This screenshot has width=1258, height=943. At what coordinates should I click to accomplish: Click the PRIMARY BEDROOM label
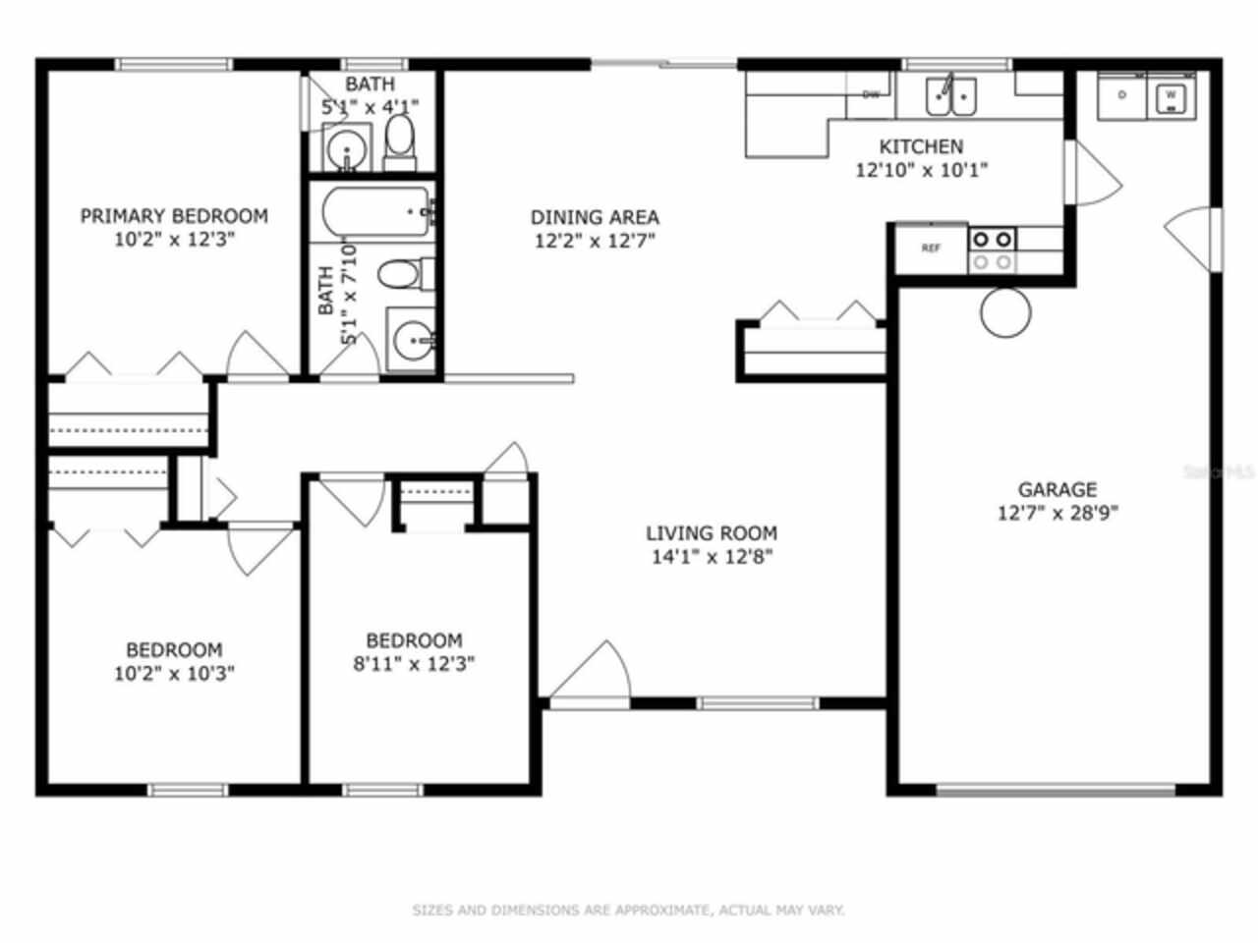pos(174,216)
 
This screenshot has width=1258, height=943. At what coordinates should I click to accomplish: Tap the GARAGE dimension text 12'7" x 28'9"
pos(1058,513)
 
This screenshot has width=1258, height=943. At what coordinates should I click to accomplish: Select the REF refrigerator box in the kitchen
pos(931,249)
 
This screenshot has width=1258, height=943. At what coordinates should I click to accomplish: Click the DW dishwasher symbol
pos(871,95)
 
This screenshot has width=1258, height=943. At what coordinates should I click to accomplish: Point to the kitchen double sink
pos(951,96)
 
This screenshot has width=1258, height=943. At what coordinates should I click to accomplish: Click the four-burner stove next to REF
pos(992,250)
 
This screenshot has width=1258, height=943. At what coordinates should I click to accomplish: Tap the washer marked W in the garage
pos(1170,96)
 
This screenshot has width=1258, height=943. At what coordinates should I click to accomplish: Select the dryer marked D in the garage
pos(1122,96)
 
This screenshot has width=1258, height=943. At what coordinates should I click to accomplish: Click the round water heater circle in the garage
pos(1005,312)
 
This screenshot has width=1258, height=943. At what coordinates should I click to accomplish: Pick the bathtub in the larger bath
pos(376,211)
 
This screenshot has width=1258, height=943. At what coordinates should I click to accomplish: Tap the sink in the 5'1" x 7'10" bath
pos(411,341)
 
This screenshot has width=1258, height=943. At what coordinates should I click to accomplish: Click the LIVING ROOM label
pos(712,533)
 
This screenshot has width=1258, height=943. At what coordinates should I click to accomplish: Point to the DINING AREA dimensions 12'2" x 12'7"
pos(595,241)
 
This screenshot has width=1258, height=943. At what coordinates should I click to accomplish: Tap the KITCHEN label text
pos(921,146)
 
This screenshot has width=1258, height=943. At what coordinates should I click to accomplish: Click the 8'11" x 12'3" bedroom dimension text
pos(414,664)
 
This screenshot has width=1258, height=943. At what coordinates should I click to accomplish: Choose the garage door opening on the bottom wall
pos(1056,788)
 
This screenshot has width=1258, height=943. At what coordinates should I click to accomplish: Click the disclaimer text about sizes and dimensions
pos(628,911)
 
